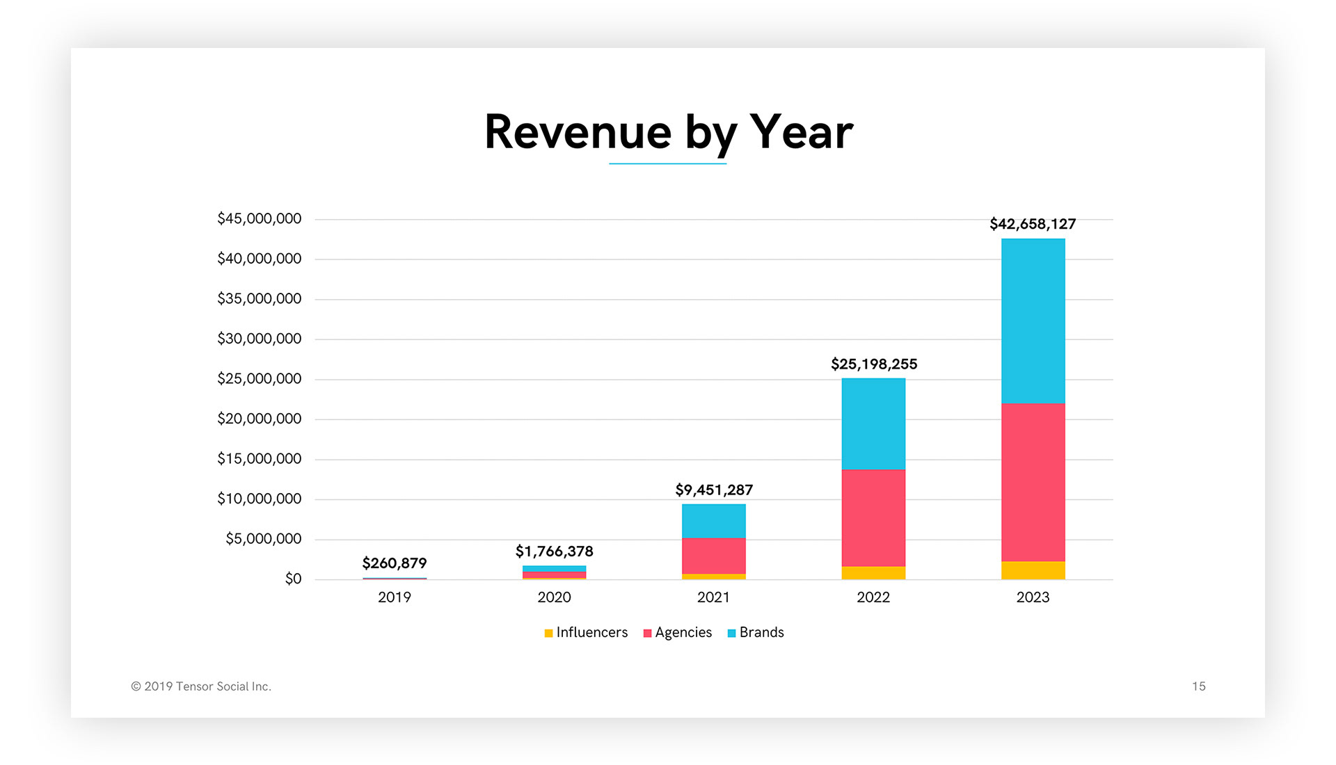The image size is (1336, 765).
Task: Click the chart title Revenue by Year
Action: point(668,132)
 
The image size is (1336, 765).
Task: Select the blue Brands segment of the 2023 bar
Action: point(1033,321)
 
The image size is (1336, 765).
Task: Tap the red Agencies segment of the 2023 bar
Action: point(1033,482)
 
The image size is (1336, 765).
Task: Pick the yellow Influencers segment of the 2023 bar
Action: point(1033,570)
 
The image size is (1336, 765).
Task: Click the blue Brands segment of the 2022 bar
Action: point(873,424)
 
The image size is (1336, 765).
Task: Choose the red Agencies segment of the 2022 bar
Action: point(873,518)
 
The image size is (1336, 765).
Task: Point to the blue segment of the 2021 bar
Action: point(713,521)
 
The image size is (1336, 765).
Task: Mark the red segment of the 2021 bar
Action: point(713,556)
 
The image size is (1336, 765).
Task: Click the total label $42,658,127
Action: point(1033,224)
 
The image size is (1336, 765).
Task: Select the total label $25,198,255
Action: point(874,364)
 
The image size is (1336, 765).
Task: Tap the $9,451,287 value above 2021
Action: point(714,490)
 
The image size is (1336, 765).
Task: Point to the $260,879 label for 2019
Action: point(395,563)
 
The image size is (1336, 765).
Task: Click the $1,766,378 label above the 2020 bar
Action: point(554,551)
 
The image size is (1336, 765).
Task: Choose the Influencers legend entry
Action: point(586,632)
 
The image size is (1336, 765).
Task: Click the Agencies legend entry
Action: point(678,632)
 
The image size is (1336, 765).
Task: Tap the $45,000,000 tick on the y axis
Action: point(259,219)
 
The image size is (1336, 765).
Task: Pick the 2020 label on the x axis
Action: point(554,597)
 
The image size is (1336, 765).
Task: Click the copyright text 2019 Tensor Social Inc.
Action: point(201,686)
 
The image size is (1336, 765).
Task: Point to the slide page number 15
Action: point(1198,686)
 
